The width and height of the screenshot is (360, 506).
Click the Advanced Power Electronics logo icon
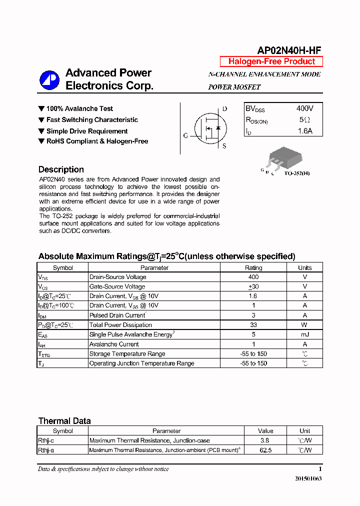coord(50,79)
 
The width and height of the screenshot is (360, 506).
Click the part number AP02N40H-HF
coord(289,50)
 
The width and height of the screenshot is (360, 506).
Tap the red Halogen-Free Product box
coord(271,61)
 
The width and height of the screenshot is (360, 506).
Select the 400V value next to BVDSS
coord(305,108)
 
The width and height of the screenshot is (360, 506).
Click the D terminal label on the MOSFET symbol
coord(224,109)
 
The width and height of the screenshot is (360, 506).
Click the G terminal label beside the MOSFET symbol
coord(185,135)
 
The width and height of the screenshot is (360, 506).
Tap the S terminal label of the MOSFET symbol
coord(224,146)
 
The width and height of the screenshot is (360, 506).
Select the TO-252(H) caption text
coord(297,173)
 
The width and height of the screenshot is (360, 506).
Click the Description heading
coord(61,169)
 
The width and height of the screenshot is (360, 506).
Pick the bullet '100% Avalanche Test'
coord(79,108)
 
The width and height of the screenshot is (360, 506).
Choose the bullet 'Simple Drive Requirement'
coord(86,131)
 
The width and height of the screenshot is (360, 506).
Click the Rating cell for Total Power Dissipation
coord(253,325)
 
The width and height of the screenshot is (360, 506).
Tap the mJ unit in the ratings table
coord(304,334)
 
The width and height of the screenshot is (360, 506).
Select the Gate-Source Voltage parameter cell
coord(117,286)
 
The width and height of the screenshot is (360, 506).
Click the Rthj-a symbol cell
coord(46,450)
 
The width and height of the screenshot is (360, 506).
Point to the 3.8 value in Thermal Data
coord(265,440)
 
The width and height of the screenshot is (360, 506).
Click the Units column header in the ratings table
coord(304,267)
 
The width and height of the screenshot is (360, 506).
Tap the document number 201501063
coord(308,478)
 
